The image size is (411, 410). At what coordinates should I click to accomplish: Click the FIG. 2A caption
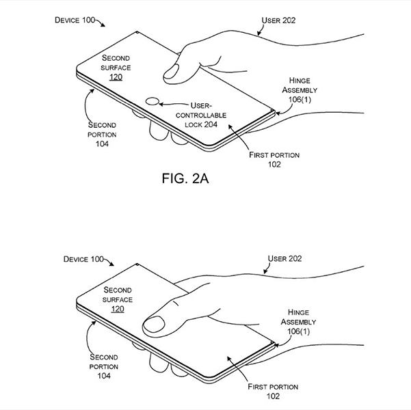pyautogui.click(x=185, y=178)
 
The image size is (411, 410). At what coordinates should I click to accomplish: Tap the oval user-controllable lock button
pyautogui.click(x=153, y=101)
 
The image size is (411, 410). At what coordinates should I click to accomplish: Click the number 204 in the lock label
pyautogui.click(x=211, y=124)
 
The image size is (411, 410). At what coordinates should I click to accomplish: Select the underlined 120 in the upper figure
pyautogui.click(x=116, y=77)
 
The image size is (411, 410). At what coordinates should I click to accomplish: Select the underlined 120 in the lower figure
pyautogui.click(x=118, y=309)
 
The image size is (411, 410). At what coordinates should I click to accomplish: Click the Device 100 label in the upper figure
pyautogui.click(x=75, y=20)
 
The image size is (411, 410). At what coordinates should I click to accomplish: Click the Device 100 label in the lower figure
pyautogui.click(x=83, y=260)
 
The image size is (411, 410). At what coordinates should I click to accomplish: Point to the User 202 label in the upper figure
pyautogui.click(x=278, y=20)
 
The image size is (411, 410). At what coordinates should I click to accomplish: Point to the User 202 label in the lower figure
pyautogui.click(x=284, y=259)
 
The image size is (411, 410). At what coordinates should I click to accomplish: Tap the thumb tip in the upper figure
pyautogui.click(x=170, y=72)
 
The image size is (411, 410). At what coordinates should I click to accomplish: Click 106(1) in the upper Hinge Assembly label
pyautogui.click(x=300, y=100)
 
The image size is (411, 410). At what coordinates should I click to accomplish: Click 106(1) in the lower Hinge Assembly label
pyautogui.click(x=299, y=331)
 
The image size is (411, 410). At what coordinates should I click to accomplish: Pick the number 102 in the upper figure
pyautogui.click(x=274, y=165)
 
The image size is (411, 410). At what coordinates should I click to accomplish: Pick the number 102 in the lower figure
pyautogui.click(x=273, y=396)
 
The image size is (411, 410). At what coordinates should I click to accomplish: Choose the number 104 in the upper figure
pyautogui.click(x=102, y=143)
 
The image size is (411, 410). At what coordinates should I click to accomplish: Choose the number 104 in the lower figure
pyautogui.click(x=104, y=376)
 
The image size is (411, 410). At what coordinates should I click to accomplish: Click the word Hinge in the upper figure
pyautogui.click(x=300, y=81)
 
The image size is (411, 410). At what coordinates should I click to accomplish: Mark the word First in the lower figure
pyautogui.click(x=257, y=387)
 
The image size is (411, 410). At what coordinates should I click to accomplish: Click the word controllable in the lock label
pyautogui.click(x=201, y=115)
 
